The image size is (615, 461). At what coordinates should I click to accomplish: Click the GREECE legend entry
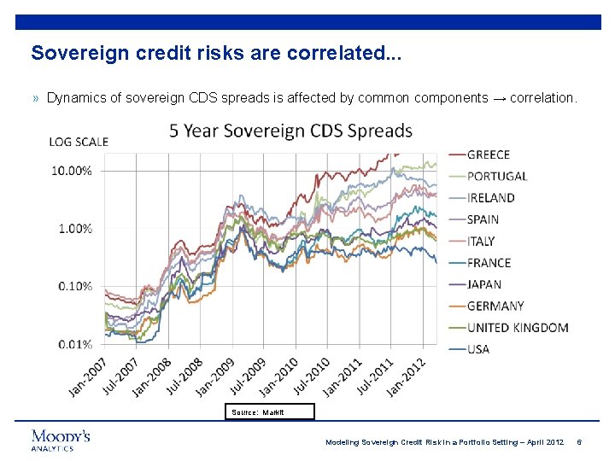tap(489, 155)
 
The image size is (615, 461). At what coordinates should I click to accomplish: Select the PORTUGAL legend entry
tap(497, 176)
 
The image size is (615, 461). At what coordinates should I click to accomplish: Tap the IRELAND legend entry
tap(491, 198)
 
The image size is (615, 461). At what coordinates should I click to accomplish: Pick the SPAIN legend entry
tap(483, 219)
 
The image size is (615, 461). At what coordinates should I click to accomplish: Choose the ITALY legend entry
tap(481, 241)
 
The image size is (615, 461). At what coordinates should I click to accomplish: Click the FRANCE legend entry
tap(489, 263)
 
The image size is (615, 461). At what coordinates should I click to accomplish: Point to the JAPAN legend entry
tap(484, 284)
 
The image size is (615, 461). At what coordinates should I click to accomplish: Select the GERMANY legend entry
tap(495, 306)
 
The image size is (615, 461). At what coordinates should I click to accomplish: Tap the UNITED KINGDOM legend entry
tap(518, 328)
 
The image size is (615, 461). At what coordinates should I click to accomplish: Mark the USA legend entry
tap(478, 349)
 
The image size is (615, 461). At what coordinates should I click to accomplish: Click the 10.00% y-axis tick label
tap(73, 171)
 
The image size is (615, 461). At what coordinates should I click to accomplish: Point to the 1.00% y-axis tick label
tap(75, 229)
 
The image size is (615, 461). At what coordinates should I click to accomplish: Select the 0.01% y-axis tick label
tap(75, 344)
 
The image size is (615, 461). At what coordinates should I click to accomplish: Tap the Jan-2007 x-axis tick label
tap(88, 376)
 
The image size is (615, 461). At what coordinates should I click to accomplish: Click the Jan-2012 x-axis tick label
tap(407, 376)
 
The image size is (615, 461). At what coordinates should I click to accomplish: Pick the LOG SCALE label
tap(79, 142)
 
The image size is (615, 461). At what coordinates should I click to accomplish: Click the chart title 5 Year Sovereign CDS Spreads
tap(290, 131)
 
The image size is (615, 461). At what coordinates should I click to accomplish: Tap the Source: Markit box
tap(271, 412)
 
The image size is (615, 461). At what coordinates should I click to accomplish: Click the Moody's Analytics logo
tap(61, 439)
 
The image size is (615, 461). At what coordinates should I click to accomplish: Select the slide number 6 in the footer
tap(579, 442)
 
